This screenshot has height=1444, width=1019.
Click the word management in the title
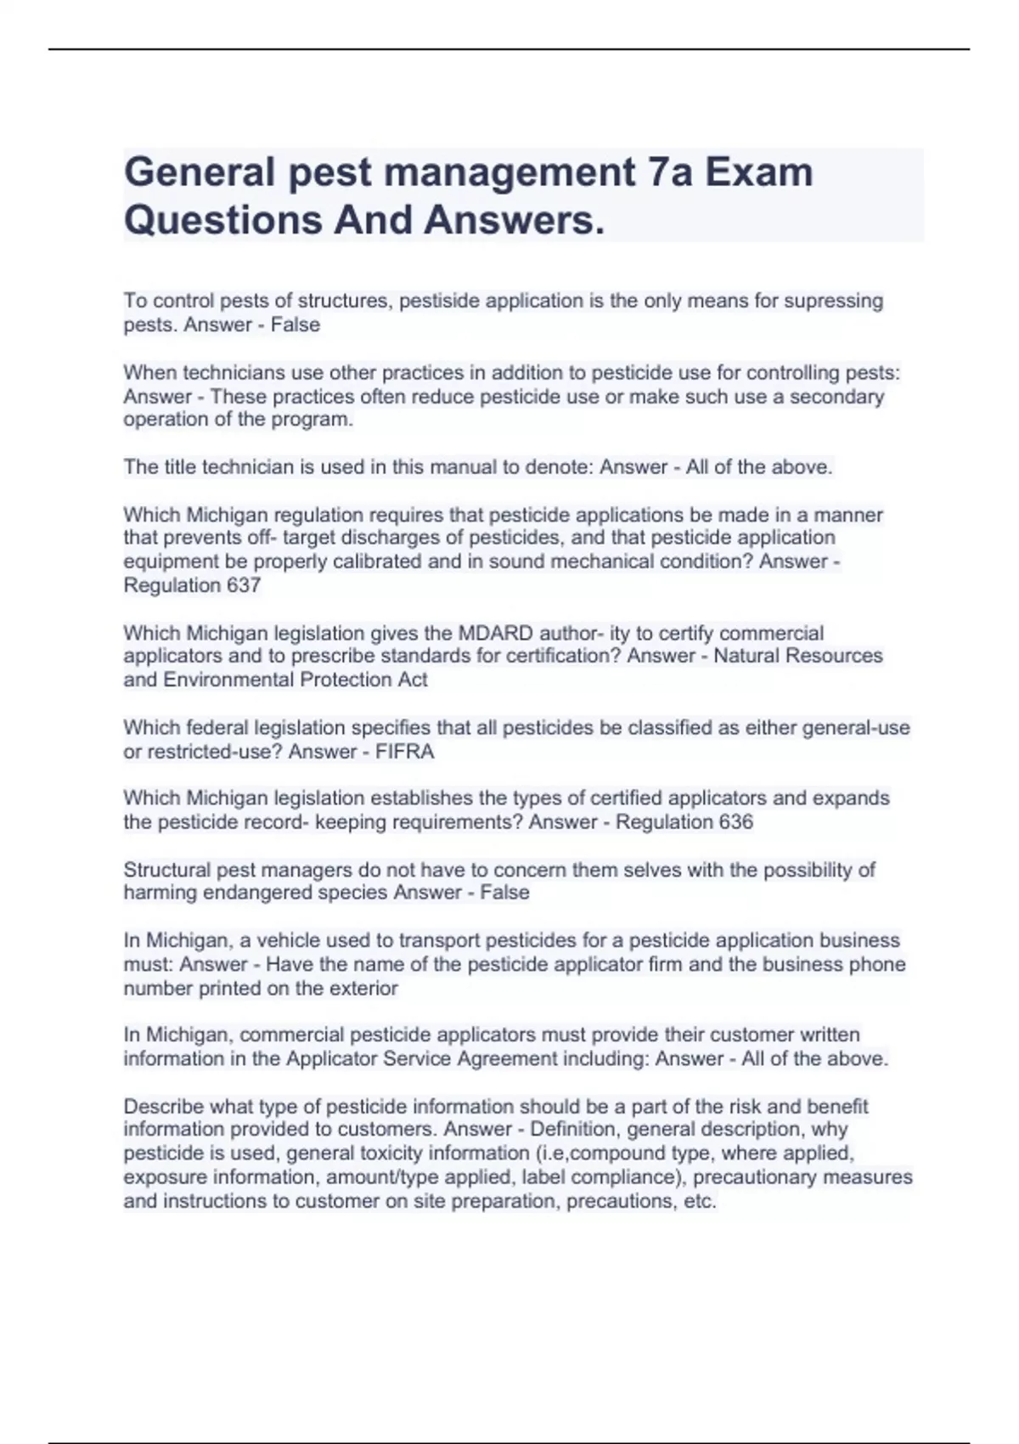(509, 173)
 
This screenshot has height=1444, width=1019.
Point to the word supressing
(833, 301)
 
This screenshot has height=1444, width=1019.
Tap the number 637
(243, 585)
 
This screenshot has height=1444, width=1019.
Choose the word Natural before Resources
(750, 656)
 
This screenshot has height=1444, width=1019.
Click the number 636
(735, 822)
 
